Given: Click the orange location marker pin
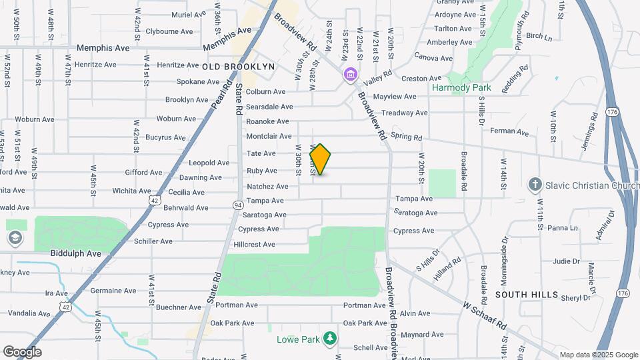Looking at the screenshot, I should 321,159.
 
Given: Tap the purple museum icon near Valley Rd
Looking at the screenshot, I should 350,75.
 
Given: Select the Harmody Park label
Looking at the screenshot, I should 471,87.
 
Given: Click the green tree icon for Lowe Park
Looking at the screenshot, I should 329,339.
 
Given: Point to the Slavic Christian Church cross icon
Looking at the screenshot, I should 534,184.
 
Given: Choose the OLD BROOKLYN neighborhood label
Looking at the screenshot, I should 239,67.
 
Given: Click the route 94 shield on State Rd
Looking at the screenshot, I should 237,205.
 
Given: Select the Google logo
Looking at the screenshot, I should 22,352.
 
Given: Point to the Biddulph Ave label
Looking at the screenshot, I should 75,253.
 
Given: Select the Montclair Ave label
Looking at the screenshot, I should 270,136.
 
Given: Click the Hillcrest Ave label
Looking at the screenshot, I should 255,245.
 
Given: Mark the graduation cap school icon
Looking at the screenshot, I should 15,238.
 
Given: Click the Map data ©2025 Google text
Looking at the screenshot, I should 598,355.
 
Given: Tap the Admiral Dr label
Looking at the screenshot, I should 606,227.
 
